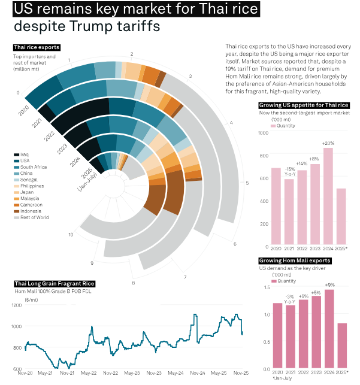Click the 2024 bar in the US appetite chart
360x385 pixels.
click(x=328, y=195)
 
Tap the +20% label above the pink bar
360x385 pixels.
click(x=328, y=144)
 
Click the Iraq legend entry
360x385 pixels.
click(x=23, y=154)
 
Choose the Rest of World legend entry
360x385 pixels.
click(x=33, y=217)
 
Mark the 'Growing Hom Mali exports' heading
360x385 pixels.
click(x=294, y=261)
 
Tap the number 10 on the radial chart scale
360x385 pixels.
click(x=71, y=234)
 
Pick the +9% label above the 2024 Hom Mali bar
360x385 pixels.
click(x=329, y=285)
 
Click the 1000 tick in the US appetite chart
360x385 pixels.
click(x=263, y=132)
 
